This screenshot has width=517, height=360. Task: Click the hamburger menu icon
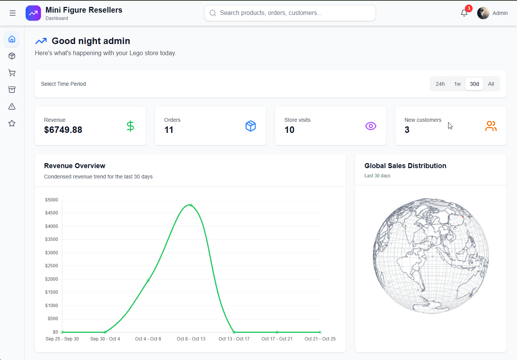(13, 13)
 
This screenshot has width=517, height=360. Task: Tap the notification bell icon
(464, 13)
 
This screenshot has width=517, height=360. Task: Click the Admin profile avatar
(483, 13)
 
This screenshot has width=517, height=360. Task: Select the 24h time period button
(440, 84)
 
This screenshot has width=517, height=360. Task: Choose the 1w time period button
(457, 84)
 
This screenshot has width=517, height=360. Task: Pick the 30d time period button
(474, 84)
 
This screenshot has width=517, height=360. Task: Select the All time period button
(491, 84)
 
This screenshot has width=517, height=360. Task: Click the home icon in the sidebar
(12, 39)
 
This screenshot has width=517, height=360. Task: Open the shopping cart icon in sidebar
(12, 73)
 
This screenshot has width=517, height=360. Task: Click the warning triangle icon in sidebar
(12, 106)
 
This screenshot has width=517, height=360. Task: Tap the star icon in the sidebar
(12, 123)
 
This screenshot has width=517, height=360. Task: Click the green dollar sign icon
(130, 126)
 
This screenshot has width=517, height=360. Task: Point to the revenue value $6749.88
(63, 130)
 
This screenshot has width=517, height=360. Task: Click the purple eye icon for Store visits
(370, 126)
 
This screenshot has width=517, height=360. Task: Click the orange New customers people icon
(491, 126)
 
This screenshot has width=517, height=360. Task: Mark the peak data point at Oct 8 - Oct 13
(191, 205)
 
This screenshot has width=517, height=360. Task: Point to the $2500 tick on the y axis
(52, 266)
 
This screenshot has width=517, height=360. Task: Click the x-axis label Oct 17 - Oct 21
(277, 339)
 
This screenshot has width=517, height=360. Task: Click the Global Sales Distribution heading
(405, 166)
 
